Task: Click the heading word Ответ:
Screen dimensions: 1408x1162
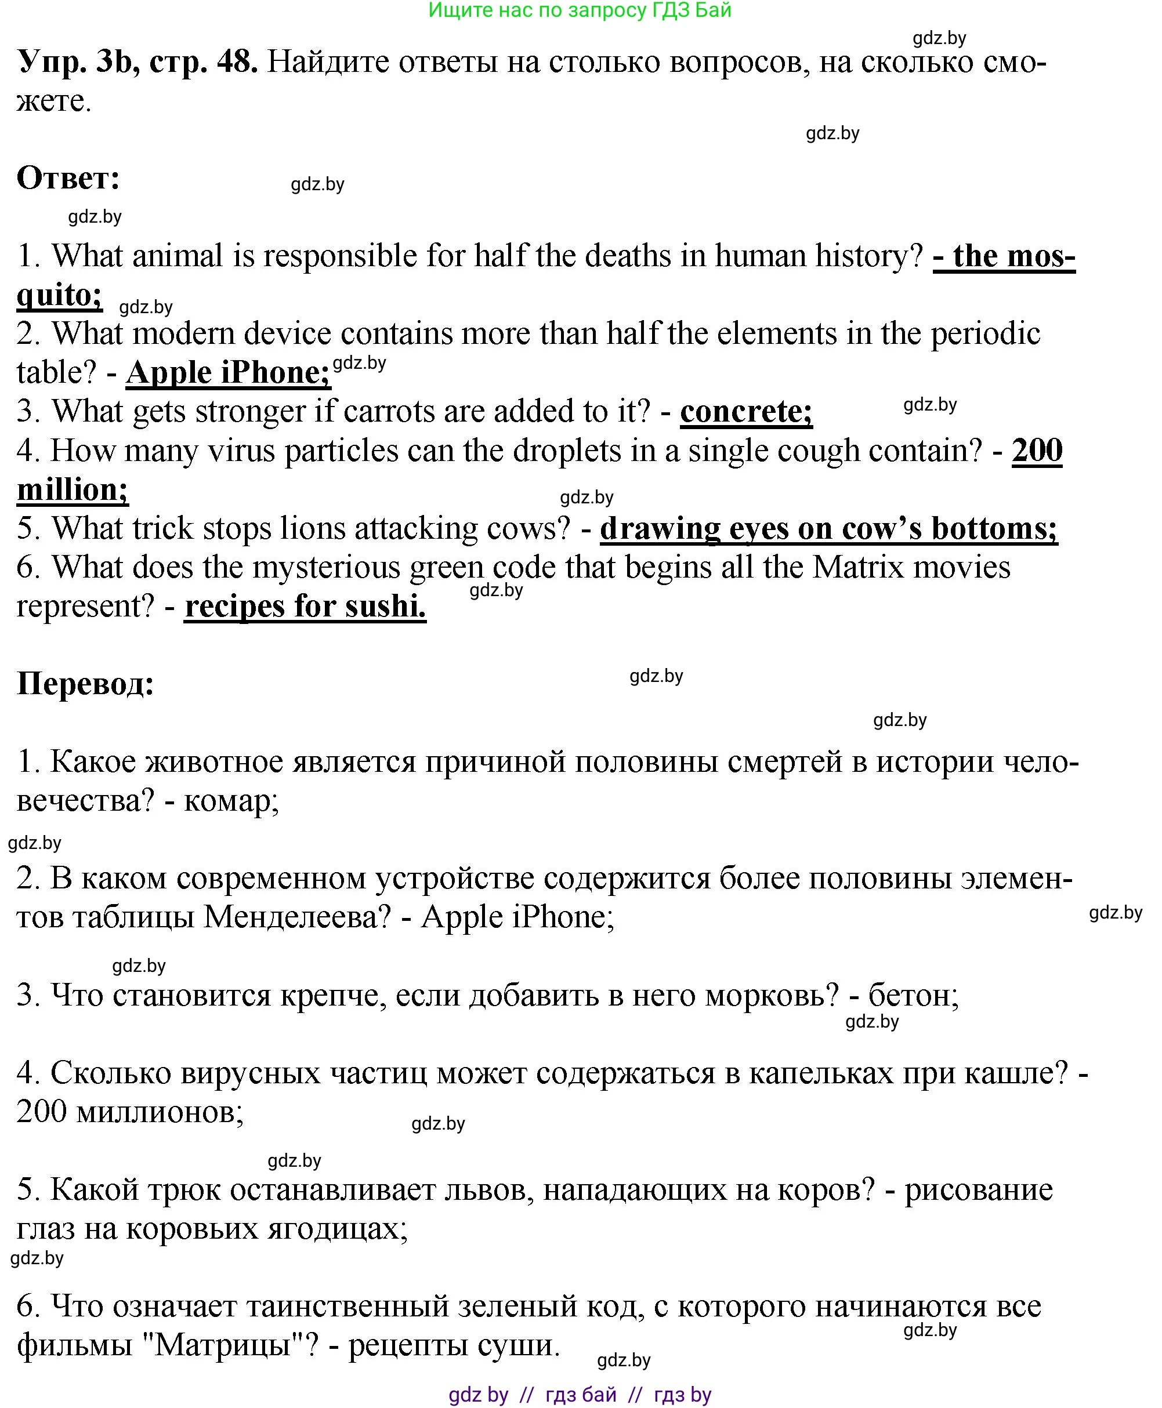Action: pos(68,179)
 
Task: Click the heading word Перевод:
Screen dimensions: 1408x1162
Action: pos(86,684)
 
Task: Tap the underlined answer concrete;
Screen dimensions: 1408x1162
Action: pos(746,412)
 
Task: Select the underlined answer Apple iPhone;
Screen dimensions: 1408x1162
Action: pos(227,373)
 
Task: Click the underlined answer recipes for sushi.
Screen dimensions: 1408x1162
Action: pos(305,607)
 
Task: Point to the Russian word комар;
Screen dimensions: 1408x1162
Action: pos(231,801)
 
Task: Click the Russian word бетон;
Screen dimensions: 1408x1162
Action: pos(914,996)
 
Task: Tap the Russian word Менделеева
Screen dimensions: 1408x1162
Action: pos(296,917)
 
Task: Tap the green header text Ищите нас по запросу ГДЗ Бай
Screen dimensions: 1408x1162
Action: pos(580,10)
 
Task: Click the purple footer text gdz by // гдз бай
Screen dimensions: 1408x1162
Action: pos(533,1395)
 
